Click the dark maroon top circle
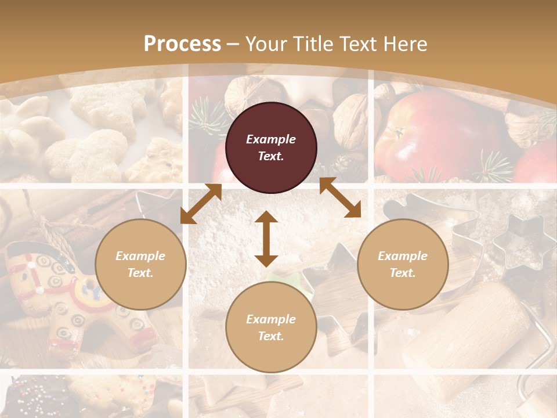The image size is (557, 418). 271,147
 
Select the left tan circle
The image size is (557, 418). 140,264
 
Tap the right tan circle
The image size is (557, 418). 403,264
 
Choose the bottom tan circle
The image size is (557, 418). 271,327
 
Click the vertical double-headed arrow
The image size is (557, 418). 266,239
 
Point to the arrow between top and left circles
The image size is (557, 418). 201,204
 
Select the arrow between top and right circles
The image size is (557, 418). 340,197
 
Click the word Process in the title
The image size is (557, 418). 182,44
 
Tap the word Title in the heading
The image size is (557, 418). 318,44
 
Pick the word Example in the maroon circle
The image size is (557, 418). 271,139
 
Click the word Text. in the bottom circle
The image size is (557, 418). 271,336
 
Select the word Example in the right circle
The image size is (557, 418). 403,256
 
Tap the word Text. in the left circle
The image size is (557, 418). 140,273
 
